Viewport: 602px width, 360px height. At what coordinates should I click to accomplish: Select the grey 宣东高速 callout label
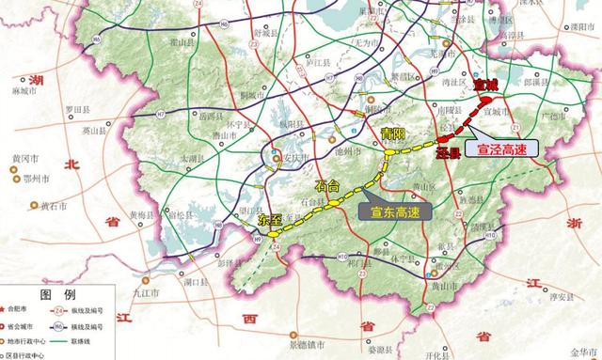pos(393,210)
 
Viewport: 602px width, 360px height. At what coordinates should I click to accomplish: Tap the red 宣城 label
pos(485,86)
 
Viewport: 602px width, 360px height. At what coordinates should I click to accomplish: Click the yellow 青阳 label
pos(392,133)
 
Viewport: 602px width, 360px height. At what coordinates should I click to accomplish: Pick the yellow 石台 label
pos(327,185)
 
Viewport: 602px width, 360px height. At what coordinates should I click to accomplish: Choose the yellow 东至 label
pos(270,218)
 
